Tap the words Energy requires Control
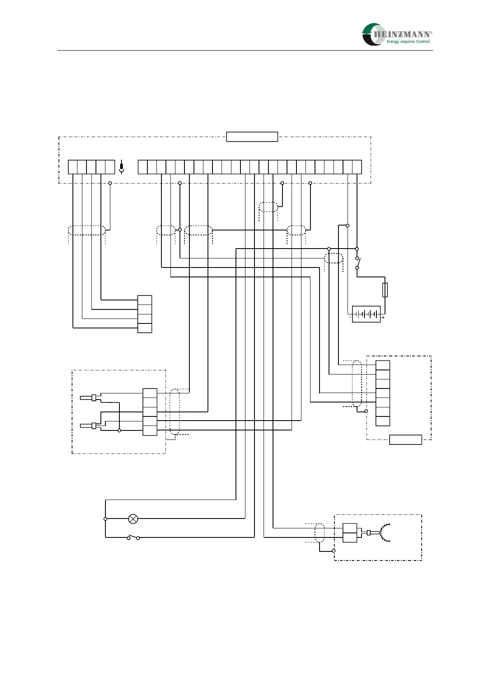click(x=408, y=42)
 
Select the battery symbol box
click(x=366, y=314)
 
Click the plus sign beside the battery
click(x=383, y=318)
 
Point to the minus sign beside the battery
click(x=350, y=318)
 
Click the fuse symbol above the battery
click(x=385, y=290)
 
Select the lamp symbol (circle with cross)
click(x=133, y=519)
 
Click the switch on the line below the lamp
click(x=133, y=537)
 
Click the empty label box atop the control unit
click(x=252, y=137)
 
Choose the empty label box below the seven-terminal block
click(x=406, y=440)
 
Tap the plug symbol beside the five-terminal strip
click(x=121, y=168)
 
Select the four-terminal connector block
click(x=145, y=314)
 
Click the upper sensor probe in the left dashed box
click(x=89, y=398)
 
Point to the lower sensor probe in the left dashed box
click(x=89, y=426)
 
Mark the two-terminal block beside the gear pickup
click(x=350, y=533)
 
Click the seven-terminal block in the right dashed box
click(x=383, y=393)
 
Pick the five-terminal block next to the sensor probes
click(x=150, y=412)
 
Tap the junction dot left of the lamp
click(x=105, y=519)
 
